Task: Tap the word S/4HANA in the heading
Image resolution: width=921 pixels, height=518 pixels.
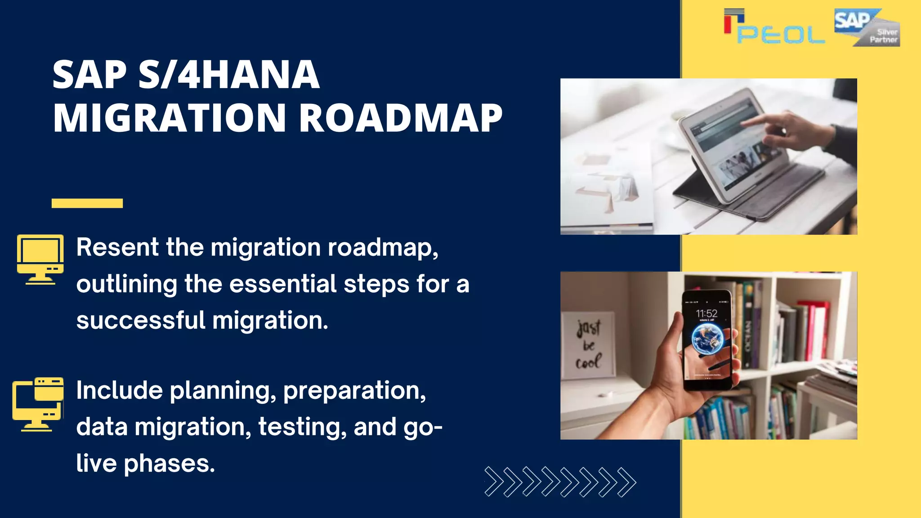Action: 229,75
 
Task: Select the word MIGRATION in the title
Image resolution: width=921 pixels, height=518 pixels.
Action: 170,118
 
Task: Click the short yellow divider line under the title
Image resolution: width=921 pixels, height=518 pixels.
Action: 87,203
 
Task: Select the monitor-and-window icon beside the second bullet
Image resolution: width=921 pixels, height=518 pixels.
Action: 38,404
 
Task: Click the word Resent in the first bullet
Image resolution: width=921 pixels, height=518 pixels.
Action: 117,247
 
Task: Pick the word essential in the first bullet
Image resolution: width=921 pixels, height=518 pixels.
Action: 283,284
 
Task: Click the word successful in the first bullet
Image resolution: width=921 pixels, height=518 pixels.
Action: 141,321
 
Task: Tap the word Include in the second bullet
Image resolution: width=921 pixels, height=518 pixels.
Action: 119,390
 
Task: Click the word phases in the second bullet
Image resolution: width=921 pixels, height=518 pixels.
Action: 169,464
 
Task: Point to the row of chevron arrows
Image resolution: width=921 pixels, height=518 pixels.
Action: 560,482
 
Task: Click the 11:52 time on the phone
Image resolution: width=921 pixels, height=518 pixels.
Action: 706,313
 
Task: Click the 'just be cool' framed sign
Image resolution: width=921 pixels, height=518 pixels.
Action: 589,344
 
